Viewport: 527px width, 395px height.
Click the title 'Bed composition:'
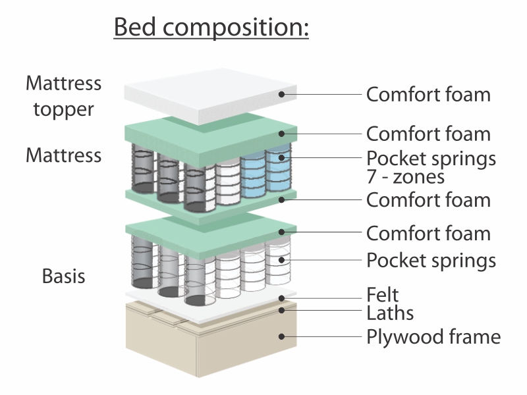(x=211, y=27)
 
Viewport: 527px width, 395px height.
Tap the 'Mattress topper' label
(x=63, y=96)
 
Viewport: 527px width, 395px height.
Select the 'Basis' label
(x=63, y=276)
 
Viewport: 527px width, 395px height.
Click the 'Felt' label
(x=383, y=295)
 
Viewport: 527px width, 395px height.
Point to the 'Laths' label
(x=390, y=313)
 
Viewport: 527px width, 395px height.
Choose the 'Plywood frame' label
(x=433, y=336)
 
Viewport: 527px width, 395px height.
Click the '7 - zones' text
(x=406, y=176)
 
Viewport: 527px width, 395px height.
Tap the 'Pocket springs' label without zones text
(x=431, y=260)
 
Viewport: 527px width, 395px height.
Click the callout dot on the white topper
(x=282, y=94)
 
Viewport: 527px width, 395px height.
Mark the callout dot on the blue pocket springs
(x=282, y=157)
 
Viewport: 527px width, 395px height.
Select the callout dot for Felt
(x=282, y=298)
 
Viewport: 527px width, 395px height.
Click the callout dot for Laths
(x=282, y=310)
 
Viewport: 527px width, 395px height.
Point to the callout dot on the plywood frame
(x=282, y=336)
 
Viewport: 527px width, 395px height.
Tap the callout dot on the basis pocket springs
(x=282, y=259)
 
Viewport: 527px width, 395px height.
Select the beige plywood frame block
(x=211, y=339)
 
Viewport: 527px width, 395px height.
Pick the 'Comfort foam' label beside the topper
(x=428, y=94)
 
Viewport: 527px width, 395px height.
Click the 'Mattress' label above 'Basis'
(x=63, y=155)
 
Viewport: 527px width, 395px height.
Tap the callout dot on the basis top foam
(x=282, y=232)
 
